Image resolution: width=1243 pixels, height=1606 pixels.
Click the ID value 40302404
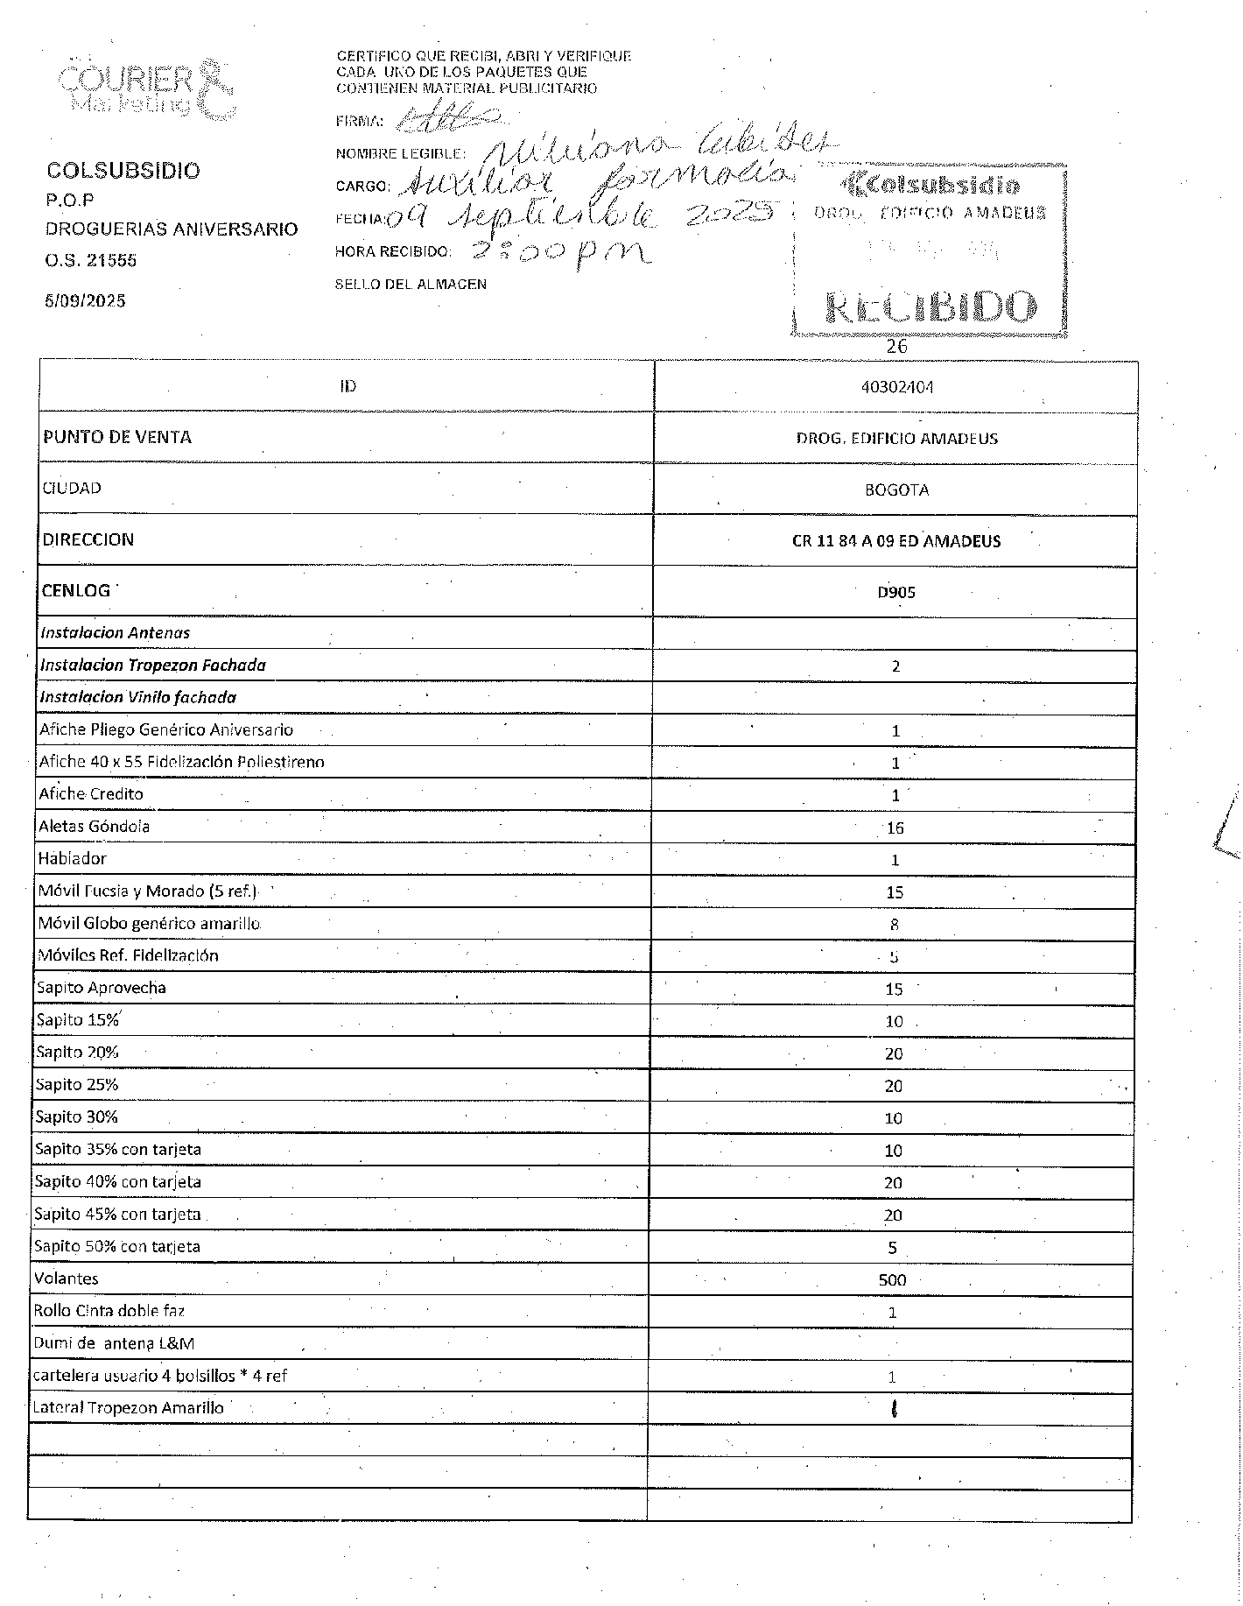coord(897,386)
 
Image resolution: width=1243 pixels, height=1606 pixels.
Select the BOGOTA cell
coord(896,490)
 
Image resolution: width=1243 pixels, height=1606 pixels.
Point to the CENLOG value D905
coord(896,592)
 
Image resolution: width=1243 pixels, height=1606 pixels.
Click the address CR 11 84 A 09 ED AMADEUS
coord(896,540)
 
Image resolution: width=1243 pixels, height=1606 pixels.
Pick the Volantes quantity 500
coord(892,1279)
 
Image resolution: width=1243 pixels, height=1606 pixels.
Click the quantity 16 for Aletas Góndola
coord(895,828)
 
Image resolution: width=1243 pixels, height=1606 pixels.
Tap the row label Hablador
coord(72,859)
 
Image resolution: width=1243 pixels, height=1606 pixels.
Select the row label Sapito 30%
coord(76,1116)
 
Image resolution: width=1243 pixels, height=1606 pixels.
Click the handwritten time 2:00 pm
coord(560,253)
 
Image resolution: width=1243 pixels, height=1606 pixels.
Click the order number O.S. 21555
coord(91,260)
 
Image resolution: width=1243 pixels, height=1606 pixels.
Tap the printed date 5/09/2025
coord(85,301)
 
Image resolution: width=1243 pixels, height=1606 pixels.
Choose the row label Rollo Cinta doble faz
coord(109,1311)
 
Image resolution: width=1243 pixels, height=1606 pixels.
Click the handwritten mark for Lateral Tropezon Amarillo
coord(893,1409)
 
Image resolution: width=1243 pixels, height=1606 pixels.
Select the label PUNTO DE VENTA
coord(117,437)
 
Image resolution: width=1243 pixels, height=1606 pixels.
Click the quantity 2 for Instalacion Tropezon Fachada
coord(895,666)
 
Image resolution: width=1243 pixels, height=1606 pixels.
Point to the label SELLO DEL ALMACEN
coord(411,285)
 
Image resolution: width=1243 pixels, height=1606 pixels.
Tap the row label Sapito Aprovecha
coord(101,988)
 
